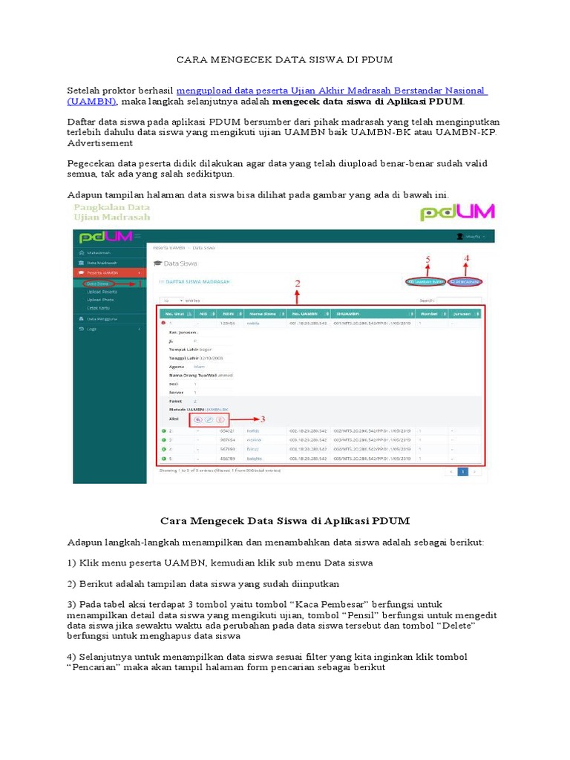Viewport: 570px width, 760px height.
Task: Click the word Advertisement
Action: [x=100, y=143]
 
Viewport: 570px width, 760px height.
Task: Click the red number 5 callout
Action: [x=427, y=259]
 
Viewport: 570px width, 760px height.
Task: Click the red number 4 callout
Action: [x=466, y=259]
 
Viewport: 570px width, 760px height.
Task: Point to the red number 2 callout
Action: [x=298, y=283]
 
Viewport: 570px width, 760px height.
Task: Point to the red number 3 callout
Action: [x=261, y=419]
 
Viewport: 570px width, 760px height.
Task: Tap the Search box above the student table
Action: [x=459, y=301]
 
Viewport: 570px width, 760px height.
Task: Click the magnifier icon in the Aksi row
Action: [x=197, y=420]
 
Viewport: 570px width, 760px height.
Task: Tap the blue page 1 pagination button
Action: [x=462, y=471]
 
